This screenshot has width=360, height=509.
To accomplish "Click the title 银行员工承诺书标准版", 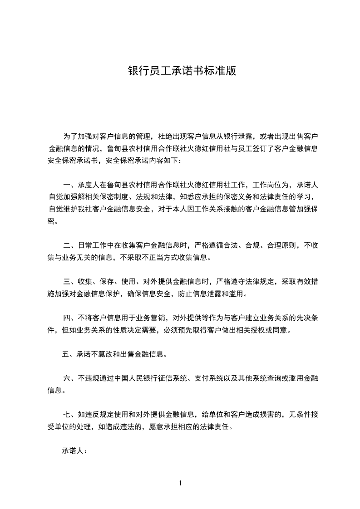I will (182, 72).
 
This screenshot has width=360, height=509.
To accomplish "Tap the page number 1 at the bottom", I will (180, 483).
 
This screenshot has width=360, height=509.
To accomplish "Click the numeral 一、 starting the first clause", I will (70, 185).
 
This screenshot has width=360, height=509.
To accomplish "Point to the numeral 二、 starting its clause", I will (70, 246).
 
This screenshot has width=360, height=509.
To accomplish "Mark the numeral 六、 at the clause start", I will (70, 378).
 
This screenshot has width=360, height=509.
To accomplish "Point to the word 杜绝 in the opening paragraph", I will (164, 136).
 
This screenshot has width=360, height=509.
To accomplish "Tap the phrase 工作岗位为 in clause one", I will (276, 185).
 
